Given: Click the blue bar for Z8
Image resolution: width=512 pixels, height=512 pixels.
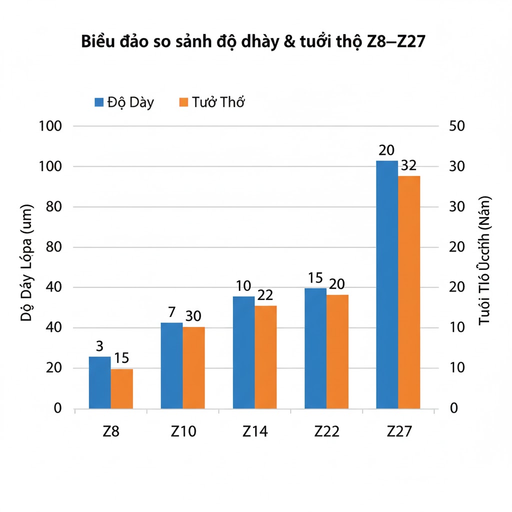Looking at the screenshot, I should (99, 382).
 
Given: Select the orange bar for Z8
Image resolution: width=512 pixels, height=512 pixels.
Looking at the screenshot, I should (121, 389).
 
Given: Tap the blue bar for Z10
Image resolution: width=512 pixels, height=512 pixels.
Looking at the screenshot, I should (171, 365).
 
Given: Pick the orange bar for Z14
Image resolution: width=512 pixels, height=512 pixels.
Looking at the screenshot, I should (265, 357).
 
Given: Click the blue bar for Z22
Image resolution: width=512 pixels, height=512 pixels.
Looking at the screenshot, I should (315, 348).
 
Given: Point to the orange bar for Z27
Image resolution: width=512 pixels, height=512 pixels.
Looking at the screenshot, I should (409, 292).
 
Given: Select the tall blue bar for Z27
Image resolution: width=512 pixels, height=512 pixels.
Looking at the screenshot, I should (387, 284).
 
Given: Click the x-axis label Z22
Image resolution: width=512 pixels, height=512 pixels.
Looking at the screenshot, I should (326, 431).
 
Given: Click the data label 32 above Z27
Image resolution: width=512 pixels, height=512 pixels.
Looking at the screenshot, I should (408, 165).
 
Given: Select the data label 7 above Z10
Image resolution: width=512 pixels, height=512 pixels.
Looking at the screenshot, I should (171, 312).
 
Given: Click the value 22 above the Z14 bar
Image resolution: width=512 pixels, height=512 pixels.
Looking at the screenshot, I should (265, 295).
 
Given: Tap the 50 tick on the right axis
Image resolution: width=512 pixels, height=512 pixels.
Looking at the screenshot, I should (457, 126).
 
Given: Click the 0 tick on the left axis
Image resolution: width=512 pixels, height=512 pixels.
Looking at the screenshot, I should (57, 408).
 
